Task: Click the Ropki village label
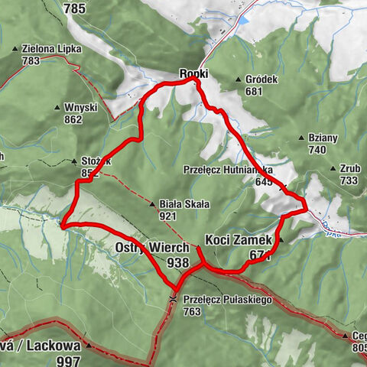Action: point(194,73)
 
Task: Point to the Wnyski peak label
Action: point(83,108)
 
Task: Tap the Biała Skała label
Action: point(178,205)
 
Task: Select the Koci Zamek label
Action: point(238,239)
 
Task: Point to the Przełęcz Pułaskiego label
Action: point(228,300)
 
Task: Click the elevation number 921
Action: point(169,216)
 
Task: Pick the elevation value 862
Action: point(73,119)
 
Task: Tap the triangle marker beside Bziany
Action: point(304,138)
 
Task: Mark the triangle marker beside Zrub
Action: point(333,169)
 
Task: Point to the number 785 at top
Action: point(75,9)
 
